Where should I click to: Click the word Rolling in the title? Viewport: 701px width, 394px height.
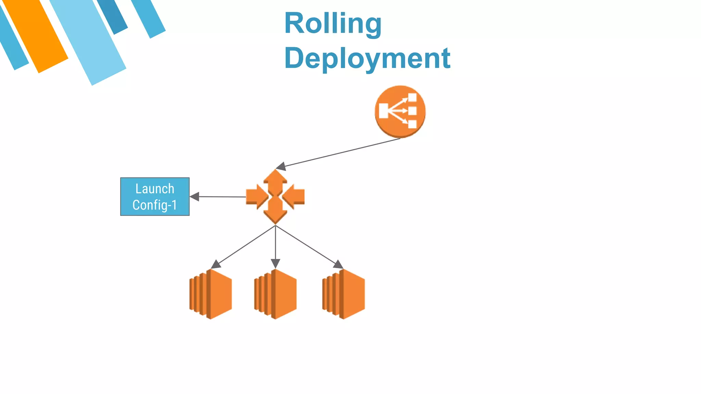[x=333, y=23]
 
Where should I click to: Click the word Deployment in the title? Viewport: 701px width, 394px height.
[x=367, y=58]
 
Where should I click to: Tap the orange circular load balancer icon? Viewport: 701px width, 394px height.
[x=400, y=111]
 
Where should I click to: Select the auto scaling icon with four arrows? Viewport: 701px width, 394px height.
[x=275, y=197]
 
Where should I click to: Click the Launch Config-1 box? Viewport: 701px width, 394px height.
[x=155, y=197]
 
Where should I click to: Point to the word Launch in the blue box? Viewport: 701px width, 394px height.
[x=155, y=189]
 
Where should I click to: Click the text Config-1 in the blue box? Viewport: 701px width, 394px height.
[x=155, y=205]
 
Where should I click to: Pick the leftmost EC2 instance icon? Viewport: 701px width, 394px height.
[x=211, y=294]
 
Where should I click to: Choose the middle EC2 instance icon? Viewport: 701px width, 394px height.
[x=276, y=294]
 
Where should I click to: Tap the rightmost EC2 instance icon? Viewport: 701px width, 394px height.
[x=344, y=294]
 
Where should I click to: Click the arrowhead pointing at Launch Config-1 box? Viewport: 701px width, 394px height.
[x=194, y=197]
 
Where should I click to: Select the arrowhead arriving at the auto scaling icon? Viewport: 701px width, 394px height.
[x=281, y=167]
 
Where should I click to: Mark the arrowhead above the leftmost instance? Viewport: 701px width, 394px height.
[x=216, y=264]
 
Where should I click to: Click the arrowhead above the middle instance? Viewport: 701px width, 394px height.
[x=276, y=264]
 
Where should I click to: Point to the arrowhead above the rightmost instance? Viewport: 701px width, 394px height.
[x=338, y=264]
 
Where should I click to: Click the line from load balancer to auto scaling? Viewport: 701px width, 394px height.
[x=342, y=153]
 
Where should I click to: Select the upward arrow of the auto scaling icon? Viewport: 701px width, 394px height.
[x=275, y=180]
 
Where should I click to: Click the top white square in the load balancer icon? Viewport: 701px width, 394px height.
[x=412, y=98]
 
